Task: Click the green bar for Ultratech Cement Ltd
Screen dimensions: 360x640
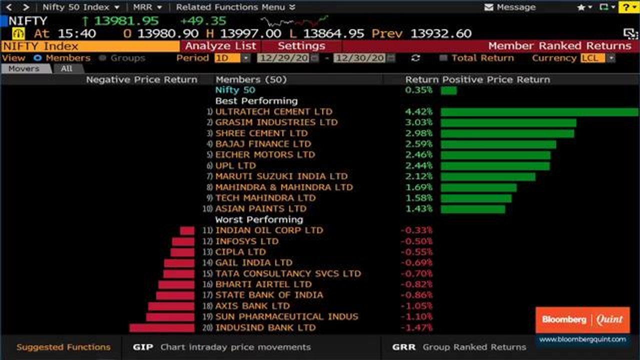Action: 539,112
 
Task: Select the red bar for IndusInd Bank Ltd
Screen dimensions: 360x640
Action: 161,328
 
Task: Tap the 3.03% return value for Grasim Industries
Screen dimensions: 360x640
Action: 418,122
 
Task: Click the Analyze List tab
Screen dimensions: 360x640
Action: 220,46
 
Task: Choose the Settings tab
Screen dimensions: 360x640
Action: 301,46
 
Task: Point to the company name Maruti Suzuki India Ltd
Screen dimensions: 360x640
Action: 281,176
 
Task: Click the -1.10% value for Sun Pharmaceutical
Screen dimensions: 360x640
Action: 416,317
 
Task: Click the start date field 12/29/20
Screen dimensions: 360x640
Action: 283,58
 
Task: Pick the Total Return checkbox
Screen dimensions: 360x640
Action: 443,58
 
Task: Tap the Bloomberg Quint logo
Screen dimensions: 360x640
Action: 582,320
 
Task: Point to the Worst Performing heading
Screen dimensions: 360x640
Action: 259,219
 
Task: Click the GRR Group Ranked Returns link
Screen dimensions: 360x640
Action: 459,347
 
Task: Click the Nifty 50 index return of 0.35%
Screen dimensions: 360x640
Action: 418,90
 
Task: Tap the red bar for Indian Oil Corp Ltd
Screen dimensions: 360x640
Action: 187,230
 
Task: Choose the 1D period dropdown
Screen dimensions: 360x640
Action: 232,58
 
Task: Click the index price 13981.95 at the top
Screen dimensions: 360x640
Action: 126,21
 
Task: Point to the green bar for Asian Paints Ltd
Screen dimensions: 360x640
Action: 472,209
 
